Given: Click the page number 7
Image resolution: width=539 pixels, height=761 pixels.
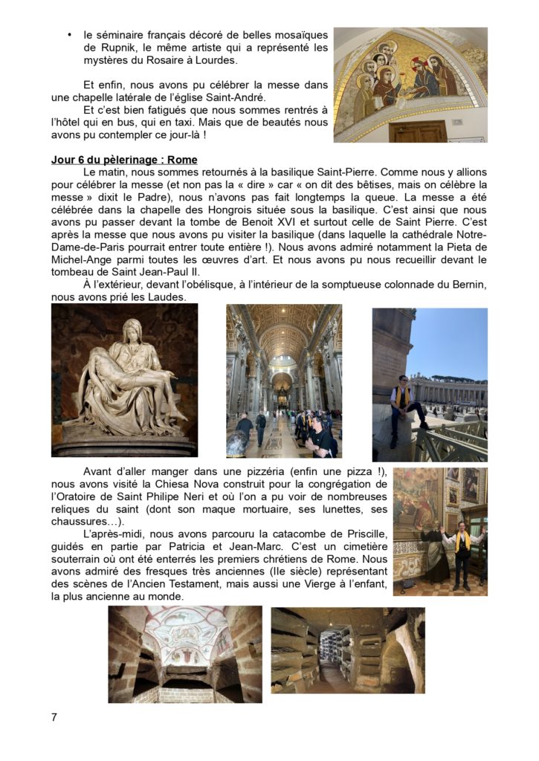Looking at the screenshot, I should [x=54, y=717].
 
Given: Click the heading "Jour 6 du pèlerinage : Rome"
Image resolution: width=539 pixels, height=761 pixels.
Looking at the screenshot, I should [x=124, y=160].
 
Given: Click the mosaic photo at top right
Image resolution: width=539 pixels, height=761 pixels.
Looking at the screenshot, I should [x=410, y=85].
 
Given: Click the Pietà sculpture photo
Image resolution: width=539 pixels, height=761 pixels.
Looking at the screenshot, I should [x=124, y=380].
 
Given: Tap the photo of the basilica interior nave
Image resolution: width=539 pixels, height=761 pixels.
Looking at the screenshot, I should [x=283, y=380].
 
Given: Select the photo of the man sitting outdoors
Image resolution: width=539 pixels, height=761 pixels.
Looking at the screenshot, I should [x=430, y=384].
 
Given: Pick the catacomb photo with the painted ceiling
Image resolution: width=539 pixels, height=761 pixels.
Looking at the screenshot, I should [x=184, y=654].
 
